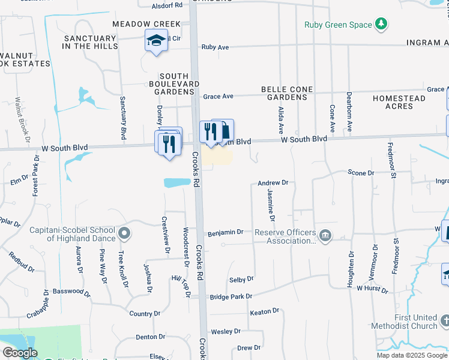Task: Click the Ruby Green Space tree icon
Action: [x=380, y=25]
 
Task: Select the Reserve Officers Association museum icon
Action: [x=325, y=235]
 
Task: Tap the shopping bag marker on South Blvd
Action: [x=224, y=130]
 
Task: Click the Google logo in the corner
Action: [x=20, y=353]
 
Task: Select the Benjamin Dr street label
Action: [x=225, y=232]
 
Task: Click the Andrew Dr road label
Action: [x=273, y=182]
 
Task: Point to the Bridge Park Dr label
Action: [x=231, y=296]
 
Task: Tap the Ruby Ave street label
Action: [x=215, y=47]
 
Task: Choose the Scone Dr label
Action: [x=361, y=173]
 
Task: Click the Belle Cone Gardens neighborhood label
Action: [x=287, y=93]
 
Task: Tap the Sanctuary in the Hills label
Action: [x=90, y=42]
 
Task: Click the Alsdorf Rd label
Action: [x=167, y=5]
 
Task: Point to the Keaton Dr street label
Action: [x=265, y=311]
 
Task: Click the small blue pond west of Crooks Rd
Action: [x=176, y=182]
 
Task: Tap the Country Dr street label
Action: [x=141, y=314]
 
